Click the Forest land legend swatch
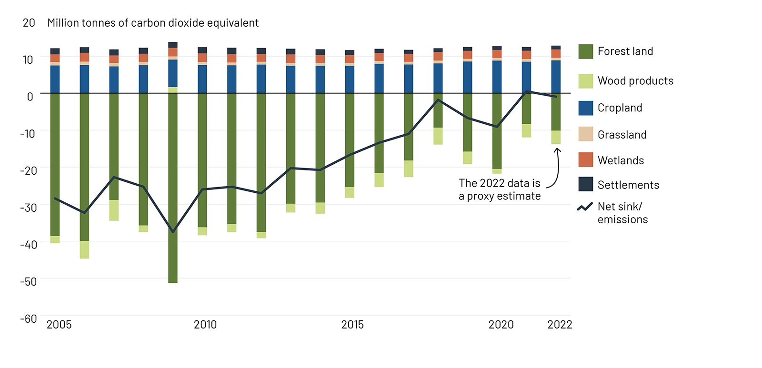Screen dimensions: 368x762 [x=585, y=51]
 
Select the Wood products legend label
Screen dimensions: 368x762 [x=635, y=81]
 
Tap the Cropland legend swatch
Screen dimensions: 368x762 [x=585, y=108]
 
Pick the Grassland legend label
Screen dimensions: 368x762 [x=622, y=135]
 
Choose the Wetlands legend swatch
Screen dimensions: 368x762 [x=585, y=160]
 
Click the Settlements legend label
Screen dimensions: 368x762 [x=628, y=185]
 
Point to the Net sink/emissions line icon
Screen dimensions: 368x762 [x=585, y=207]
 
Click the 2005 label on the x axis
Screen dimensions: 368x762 [x=59, y=325]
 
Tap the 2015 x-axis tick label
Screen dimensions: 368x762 [x=352, y=325]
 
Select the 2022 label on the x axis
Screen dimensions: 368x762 [x=560, y=325]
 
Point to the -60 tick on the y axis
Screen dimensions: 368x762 [x=29, y=318]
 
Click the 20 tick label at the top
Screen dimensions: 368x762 [x=29, y=23]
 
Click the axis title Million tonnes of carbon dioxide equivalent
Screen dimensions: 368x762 [x=153, y=23]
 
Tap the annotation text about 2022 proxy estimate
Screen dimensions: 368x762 [x=500, y=190]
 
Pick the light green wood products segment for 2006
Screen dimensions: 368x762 [x=84, y=250]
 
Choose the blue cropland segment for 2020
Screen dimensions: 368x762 [x=497, y=77]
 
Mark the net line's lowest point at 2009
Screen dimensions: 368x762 [x=173, y=232]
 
